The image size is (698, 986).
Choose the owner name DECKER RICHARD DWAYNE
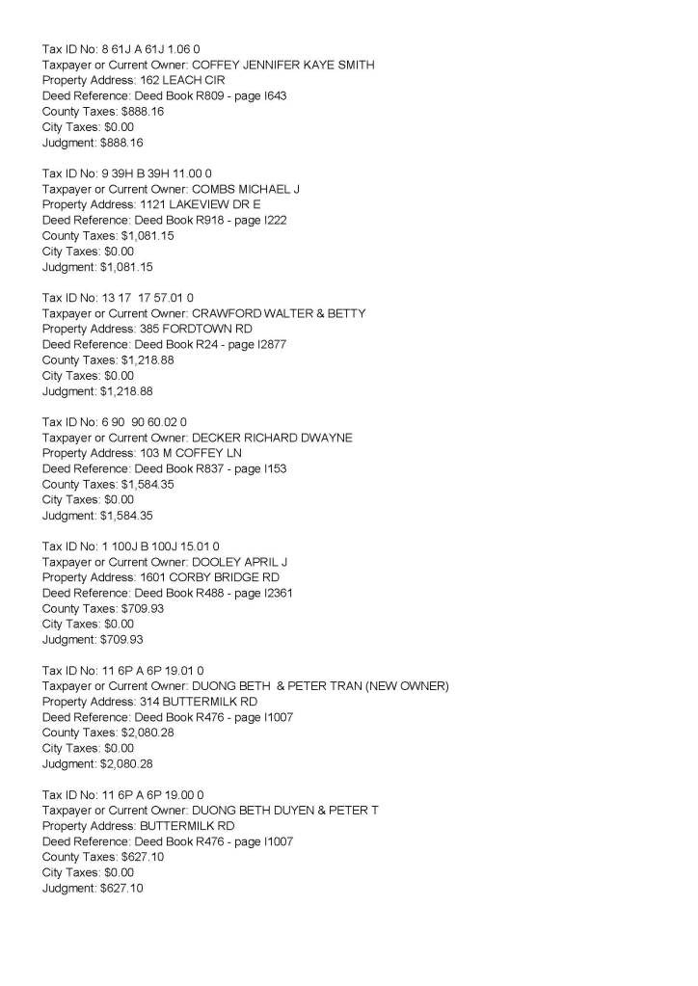pos(273,438)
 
